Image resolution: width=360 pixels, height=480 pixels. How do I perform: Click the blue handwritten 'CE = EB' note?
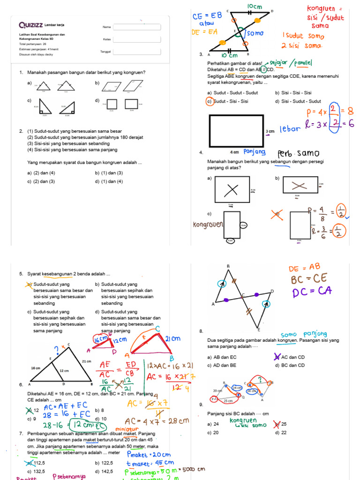[x=206, y=17]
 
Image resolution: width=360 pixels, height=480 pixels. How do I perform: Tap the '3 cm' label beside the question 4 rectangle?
[x=270, y=131]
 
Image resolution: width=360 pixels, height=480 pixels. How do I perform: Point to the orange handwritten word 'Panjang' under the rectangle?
[x=255, y=151]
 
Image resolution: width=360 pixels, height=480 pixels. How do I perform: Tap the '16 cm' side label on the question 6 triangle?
[x=36, y=368]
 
